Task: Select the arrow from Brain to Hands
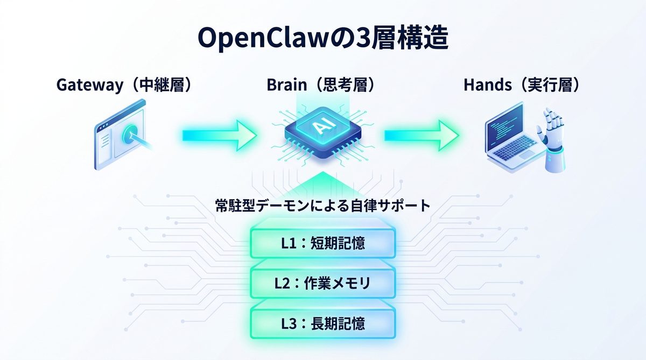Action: [420, 135]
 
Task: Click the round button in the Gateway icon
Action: [131, 135]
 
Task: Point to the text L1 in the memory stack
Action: [289, 243]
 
